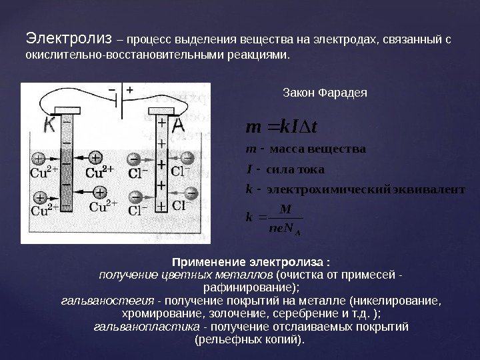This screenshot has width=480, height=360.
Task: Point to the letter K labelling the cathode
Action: coord(48,125)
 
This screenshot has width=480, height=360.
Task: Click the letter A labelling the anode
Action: coord(179,125)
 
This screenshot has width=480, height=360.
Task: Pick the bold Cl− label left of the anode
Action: coord(140,173)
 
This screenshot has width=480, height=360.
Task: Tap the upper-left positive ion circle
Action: coord(39,159)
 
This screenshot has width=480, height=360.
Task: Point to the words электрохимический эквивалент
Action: coord(364,189)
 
